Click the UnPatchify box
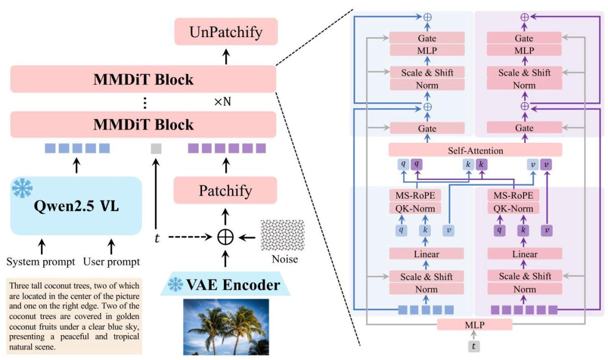coord(226,32)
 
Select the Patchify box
coord(226,191)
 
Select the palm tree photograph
coord(226,327)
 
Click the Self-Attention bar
coord(475,150)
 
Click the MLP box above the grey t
coord(475,325)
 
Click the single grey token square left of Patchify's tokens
coord(156,148)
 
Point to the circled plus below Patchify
coord(226,237)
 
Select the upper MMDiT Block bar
coord(143,79)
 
